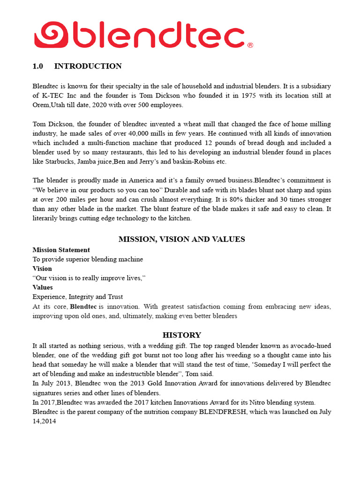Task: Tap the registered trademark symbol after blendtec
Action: click(250, 45)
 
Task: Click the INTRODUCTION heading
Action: click(88, 66)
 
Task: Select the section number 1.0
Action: click(37, 66)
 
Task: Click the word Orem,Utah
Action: click(49, 105)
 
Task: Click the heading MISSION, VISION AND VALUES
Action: click(181, 239)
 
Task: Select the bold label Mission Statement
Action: click(61, 250)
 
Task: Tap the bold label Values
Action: click(42, 287)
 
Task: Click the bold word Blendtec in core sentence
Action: click(83, 307)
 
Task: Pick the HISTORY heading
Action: click(181, 335)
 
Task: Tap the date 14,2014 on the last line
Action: click(45, 421)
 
